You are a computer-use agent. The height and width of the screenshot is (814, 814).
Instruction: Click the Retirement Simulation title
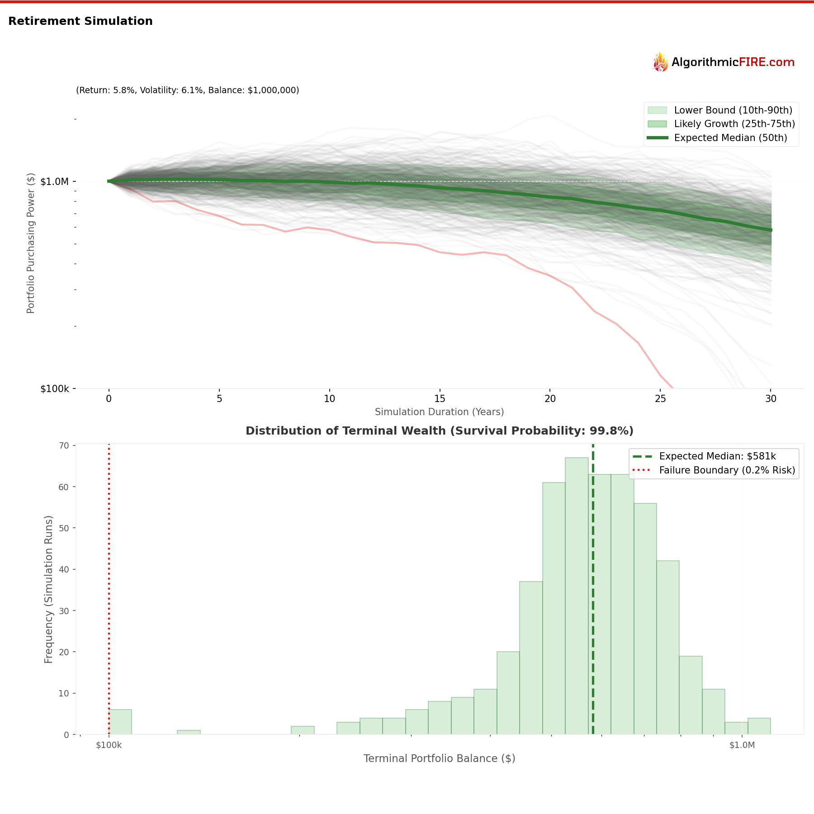point(80,21)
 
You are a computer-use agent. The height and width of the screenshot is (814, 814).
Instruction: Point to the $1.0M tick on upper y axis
point(55,181)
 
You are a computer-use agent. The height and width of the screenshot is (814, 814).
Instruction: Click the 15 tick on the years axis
point(440,399)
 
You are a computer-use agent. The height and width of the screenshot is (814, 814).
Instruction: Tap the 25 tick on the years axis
point(660,399)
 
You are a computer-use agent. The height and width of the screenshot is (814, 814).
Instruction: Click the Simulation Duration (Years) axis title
point(439,412)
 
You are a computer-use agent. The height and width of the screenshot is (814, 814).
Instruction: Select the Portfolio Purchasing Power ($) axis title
point(31,243)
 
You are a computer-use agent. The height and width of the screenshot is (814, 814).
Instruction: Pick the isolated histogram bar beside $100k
point(120,722)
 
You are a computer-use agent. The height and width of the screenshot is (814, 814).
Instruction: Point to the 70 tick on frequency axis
point(64,446)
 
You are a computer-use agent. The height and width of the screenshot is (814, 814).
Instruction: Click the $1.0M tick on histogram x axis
point(742,745)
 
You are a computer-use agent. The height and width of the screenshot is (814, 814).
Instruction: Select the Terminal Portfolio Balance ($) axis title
point(439,759)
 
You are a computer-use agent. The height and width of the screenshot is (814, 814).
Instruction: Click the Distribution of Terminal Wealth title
point(439,431)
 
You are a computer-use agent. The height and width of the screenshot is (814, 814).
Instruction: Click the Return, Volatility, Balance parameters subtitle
point(187,90)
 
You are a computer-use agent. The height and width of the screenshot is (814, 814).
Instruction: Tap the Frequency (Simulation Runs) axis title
point(49,589)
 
